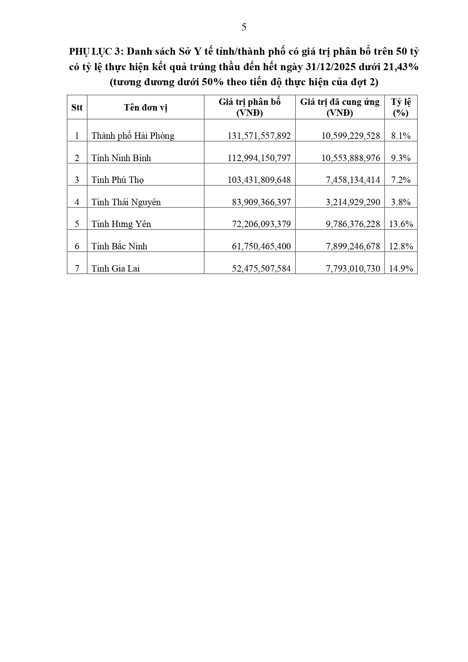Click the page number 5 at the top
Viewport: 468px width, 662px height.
click(x=244, y=27)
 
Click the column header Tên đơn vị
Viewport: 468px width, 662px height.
click(x=146, y=108)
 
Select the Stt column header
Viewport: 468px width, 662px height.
click(x=77, y=108)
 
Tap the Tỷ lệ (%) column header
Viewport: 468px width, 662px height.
click(x=401, y=108)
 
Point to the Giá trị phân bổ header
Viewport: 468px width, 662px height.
click(x=250, y=108)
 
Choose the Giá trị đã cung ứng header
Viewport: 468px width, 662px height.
click(x=340, y=108)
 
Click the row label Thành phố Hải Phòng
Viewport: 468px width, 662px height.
click(x=133, y=136)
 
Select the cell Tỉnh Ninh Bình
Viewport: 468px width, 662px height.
click(x=121, y=158)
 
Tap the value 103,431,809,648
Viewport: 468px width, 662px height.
click(x=259, y=180)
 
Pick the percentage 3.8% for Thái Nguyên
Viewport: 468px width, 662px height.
click(x=401, y=202)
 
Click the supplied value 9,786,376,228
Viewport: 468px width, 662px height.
click(x=353, y=224)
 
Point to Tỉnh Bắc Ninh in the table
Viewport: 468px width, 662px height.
click(x=119, y=246)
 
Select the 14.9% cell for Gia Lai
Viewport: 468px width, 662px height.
click(x=401, y=269)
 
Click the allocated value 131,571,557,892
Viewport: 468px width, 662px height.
click(x=259, y=136)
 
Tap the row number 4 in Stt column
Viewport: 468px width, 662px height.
click(x=77, y=202)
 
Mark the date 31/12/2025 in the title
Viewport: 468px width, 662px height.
click(x=329, y=67)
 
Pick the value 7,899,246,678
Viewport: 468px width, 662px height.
click(x=353, y=246)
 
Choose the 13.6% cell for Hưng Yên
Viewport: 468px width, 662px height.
click(x=401, y=224)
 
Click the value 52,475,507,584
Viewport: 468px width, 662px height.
click(x=261, y=269)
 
